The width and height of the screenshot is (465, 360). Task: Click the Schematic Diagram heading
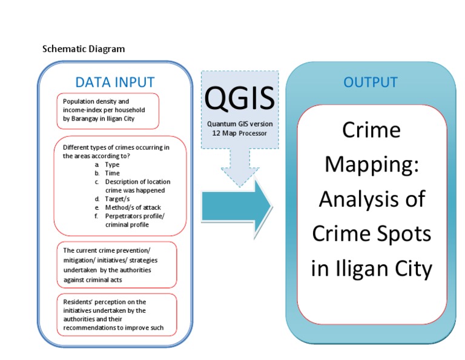(84, 49)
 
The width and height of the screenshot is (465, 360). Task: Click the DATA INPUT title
(114, 82)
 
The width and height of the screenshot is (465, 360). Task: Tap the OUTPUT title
(371, 82)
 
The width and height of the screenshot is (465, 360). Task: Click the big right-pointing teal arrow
(236, 206)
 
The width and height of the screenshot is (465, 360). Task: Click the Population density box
(108, 110)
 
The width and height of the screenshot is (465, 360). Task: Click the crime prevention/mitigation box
(116, 265)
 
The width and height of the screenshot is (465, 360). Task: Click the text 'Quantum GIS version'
(240, 124)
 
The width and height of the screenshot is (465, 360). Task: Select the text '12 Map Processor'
(240, 133)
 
